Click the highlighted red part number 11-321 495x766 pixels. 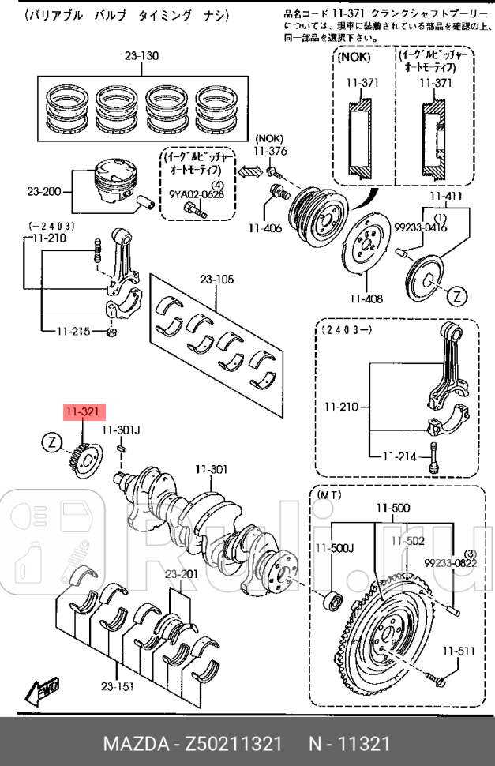pyautogui.click(x=82, y=411)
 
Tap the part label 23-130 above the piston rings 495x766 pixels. pyautogui.click(x=141, y=55)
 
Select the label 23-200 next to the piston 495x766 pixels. pyautogui.click(x=44, y=191)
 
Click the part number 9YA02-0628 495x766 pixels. pyautogui.click(x=197, y=194)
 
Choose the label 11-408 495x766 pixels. pyautogui.click(x=366, y=299)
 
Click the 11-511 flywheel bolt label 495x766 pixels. pyautogui.click(x=458, y=651)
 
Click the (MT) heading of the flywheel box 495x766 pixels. pyautogui.click(x=330, y=494)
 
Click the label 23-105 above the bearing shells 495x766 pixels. pyautogui.click(x=216, y=279)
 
